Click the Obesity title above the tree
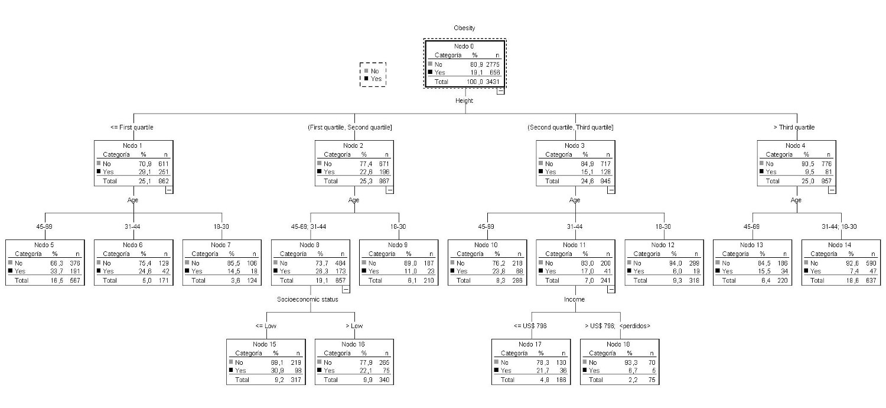464,28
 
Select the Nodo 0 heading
464,46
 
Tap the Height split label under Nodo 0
464,101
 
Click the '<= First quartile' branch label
132,127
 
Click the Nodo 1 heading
133,145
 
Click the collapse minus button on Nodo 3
611,190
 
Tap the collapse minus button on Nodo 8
346,289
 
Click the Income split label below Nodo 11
574,299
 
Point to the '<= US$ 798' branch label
530,326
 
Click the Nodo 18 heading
620,344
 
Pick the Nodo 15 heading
266,344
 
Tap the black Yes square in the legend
366,79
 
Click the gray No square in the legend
366,71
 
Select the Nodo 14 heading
840,245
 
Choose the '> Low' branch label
354,326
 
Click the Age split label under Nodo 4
796,200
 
